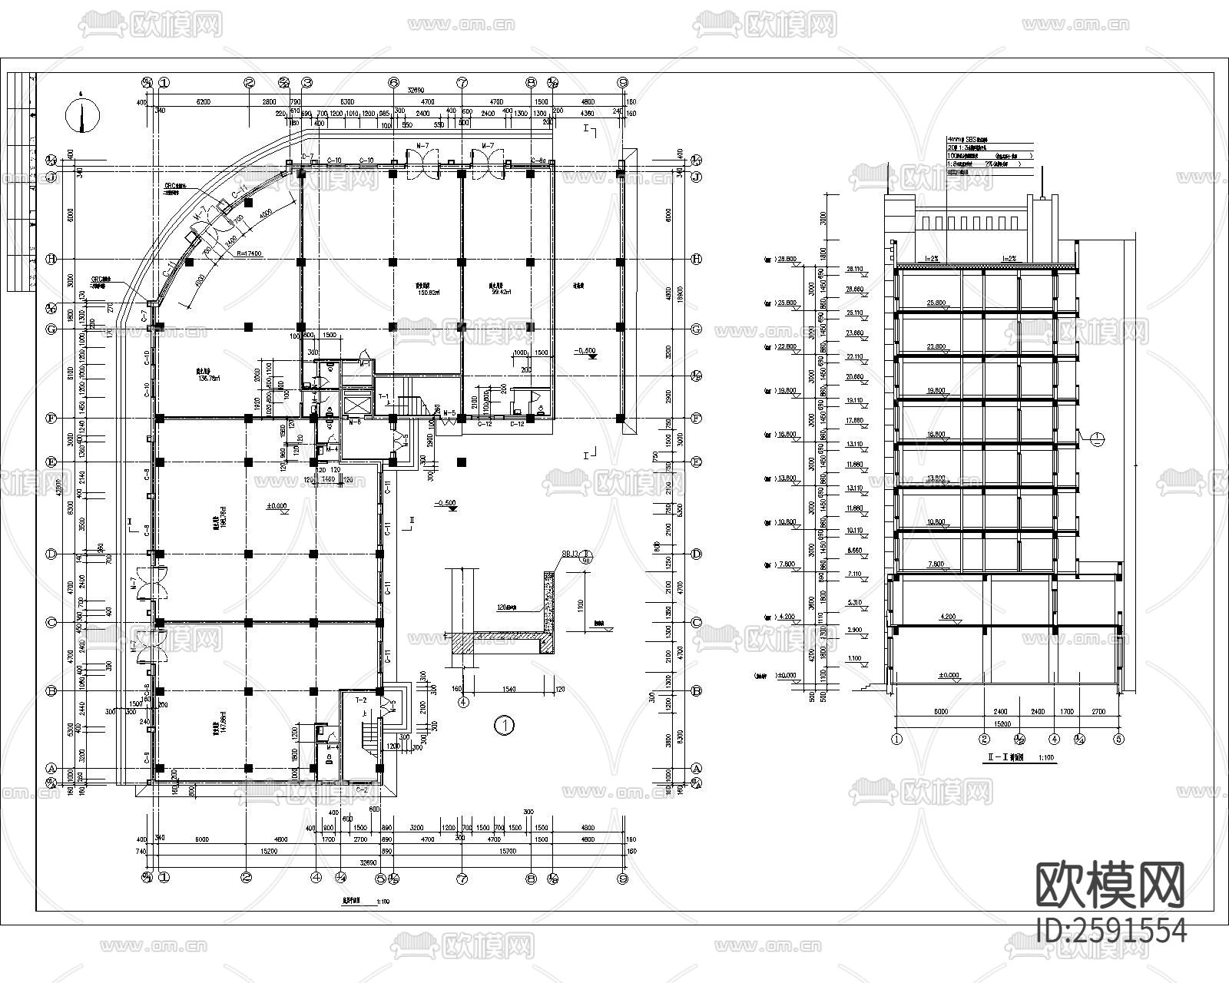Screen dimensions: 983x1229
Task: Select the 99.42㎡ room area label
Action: pos(500,291)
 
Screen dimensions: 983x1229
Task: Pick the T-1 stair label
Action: pos(384,396)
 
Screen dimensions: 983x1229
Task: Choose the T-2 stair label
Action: pos(359,700)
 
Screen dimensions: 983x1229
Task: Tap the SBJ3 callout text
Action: pos(569,553)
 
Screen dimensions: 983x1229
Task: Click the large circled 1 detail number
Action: pos(504,725)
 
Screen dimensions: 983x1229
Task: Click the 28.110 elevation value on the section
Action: pos(854,270)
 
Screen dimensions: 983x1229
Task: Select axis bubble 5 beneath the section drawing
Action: pos(1118,739)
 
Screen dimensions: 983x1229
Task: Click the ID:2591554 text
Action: pos(1111,931)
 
